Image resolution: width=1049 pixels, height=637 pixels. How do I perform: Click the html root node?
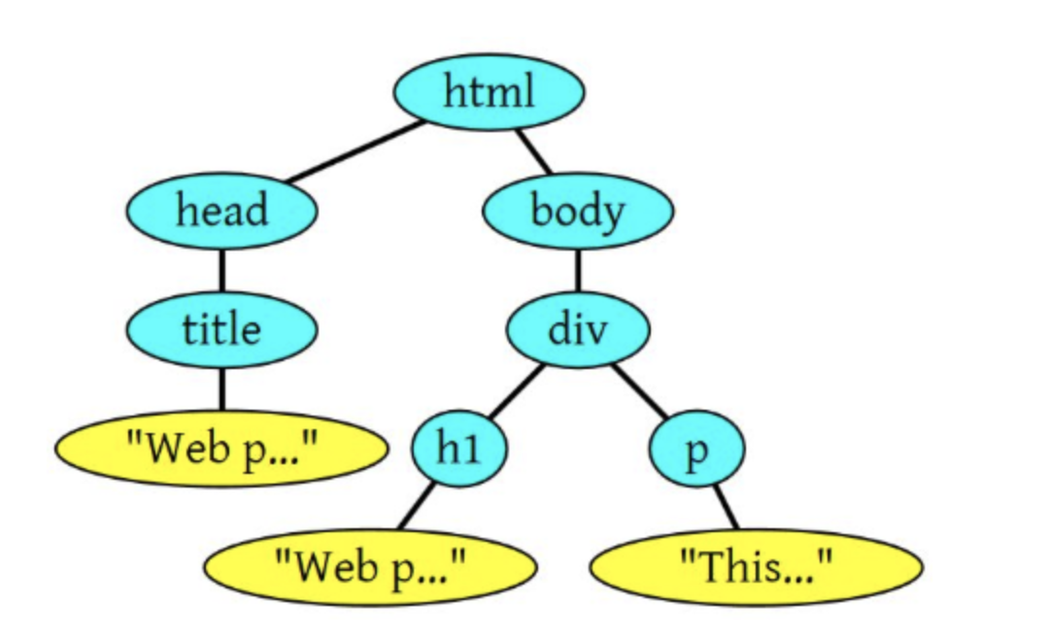coord(489,93)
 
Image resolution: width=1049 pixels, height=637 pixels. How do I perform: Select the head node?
coord(221,211)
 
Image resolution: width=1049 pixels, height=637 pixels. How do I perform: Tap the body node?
coord(578,211)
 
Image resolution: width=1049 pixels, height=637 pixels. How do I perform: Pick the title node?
coord(221,329)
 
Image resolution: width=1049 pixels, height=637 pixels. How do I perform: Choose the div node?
coord(578,329)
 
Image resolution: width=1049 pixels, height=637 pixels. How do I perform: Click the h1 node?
coord(459,451)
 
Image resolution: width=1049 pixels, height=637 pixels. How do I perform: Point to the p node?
coord(695,451)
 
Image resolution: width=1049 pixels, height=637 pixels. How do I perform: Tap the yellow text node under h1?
coord(370,566)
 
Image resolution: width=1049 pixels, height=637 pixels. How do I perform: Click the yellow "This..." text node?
coord(756,566)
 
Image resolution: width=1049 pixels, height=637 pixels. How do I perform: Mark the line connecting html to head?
coord(355,151)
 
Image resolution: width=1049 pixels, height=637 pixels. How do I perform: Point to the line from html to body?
coord(534,151)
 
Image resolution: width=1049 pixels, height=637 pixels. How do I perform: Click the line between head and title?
coord(221,270)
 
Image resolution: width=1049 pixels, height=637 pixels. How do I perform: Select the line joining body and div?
coord(578,270)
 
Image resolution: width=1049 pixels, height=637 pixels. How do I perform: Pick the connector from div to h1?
coord(514,393)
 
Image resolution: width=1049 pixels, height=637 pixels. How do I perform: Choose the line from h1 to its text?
coord(416,506)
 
